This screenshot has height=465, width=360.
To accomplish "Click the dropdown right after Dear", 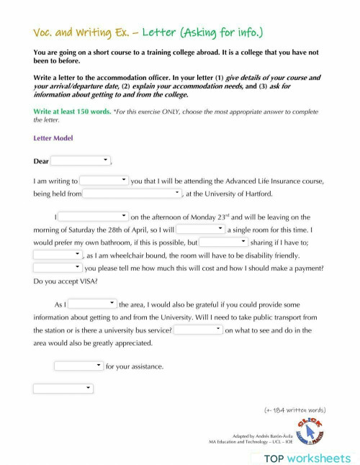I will pyautogui.click(x=81, y=161).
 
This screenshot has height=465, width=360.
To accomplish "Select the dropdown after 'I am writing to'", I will pyautogui.click(x=104, y=181).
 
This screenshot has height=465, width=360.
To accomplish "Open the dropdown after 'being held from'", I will pyautogui.click(x=132, y=194).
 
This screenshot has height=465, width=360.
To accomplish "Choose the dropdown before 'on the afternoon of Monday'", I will pyautogui.click(x=94, y=216).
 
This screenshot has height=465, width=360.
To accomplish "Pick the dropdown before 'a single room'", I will pyautogui.click(x=201, y=229).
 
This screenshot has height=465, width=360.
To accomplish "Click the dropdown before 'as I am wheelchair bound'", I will pyautogui.click(x=58, y=255).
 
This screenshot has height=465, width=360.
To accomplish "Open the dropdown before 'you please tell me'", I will pyautogui.click(x=58, y=268).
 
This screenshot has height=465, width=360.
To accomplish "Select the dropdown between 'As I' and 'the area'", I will pyautogui.click(x=92, y=304).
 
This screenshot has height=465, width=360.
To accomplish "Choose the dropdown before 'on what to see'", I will pyautogui.click(x=198, y=330).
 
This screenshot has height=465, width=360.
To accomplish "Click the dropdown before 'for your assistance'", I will pyautogui.click(x=78, y=366).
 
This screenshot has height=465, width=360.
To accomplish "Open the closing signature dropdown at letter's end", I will pyautogui.click(x=63, y=389).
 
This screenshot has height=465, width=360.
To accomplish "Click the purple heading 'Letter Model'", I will pyautogui.click(x=53, y=138).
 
